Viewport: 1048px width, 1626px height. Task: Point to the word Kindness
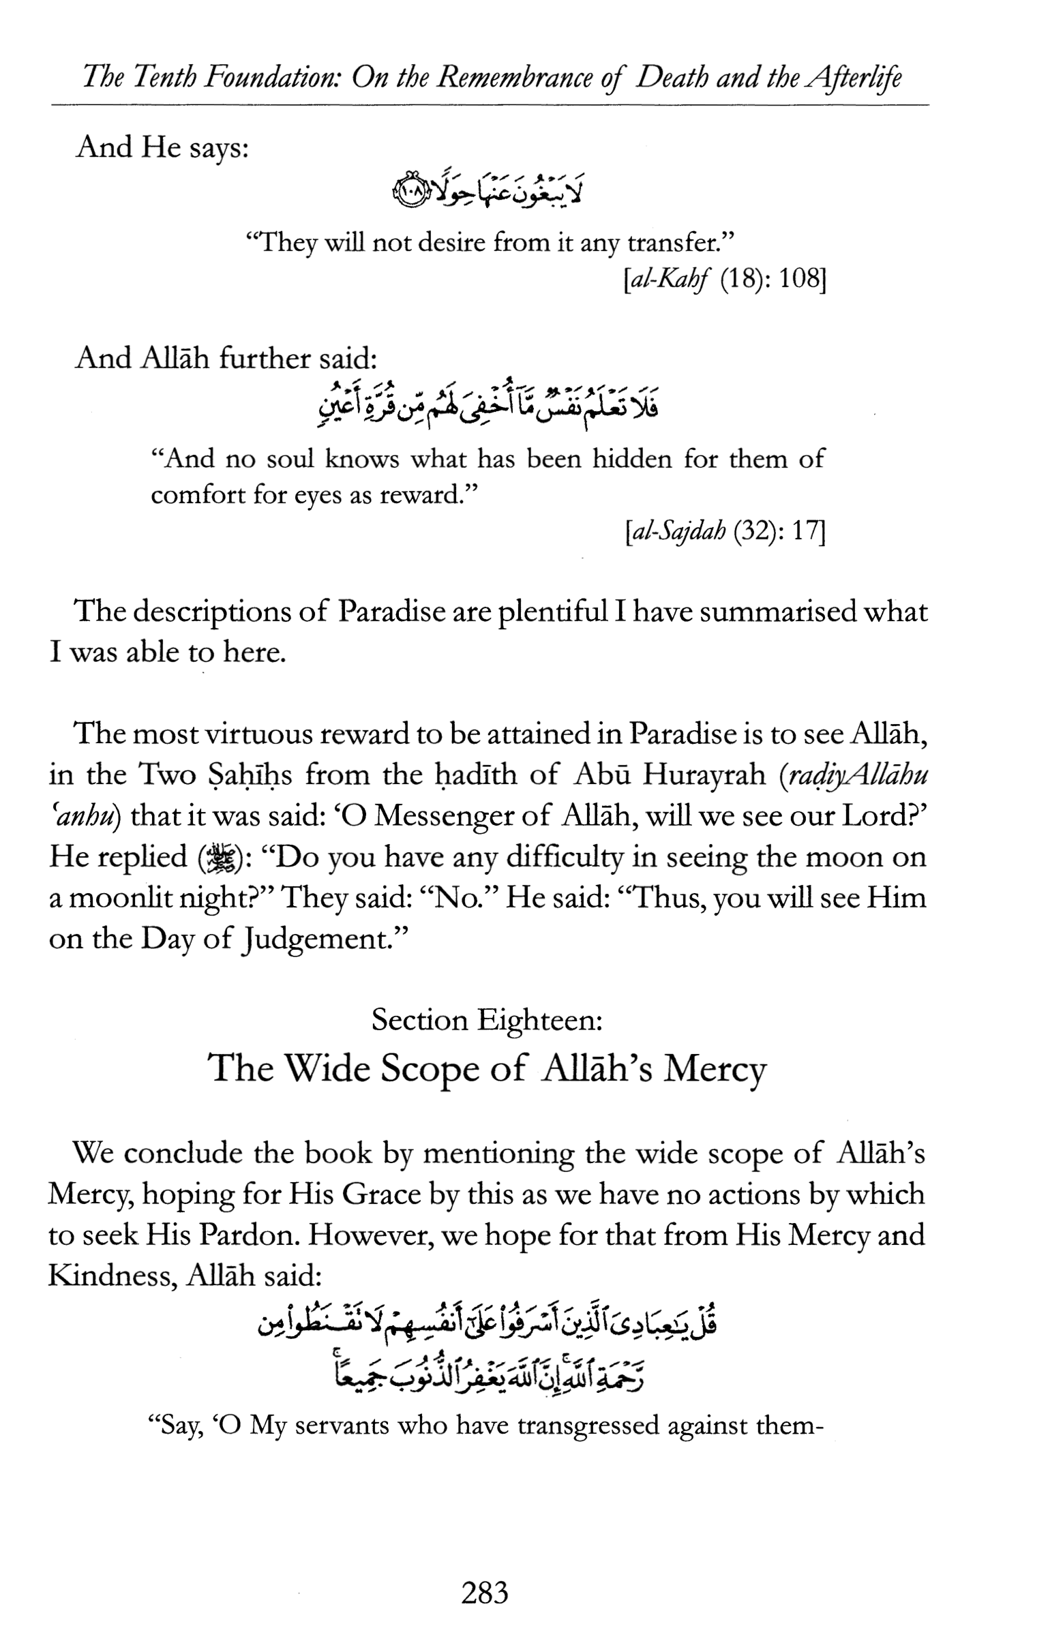click(x=109, y=1276)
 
